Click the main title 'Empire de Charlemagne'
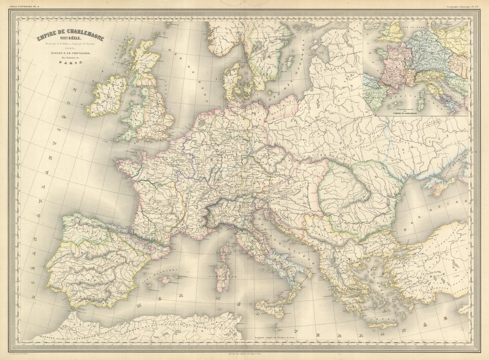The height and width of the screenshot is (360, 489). tap(70, 39)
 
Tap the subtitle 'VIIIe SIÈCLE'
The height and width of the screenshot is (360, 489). tap(70, 44)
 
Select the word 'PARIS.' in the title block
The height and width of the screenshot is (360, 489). tap(70, 65)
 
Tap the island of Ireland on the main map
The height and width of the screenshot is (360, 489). tap(106, 95)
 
